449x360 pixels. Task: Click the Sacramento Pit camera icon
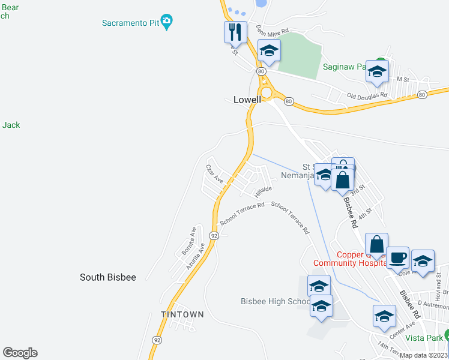click(167, 23)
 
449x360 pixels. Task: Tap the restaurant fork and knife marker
click(235, 32)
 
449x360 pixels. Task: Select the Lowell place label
click(247, 100)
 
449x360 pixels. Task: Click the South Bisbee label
click(108, 277)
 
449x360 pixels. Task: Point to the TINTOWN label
click(182, 314)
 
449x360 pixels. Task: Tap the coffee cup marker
click(397, 258)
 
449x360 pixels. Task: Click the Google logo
click(20, 353)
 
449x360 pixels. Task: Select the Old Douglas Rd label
click(367, 95)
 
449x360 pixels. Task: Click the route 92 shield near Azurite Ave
click(214, 236)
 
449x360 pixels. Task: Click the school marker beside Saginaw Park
click(376, 71)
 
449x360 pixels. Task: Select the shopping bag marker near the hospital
click(376, 244)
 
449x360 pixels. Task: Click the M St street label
click(402, 79)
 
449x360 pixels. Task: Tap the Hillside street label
click(263, 191)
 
